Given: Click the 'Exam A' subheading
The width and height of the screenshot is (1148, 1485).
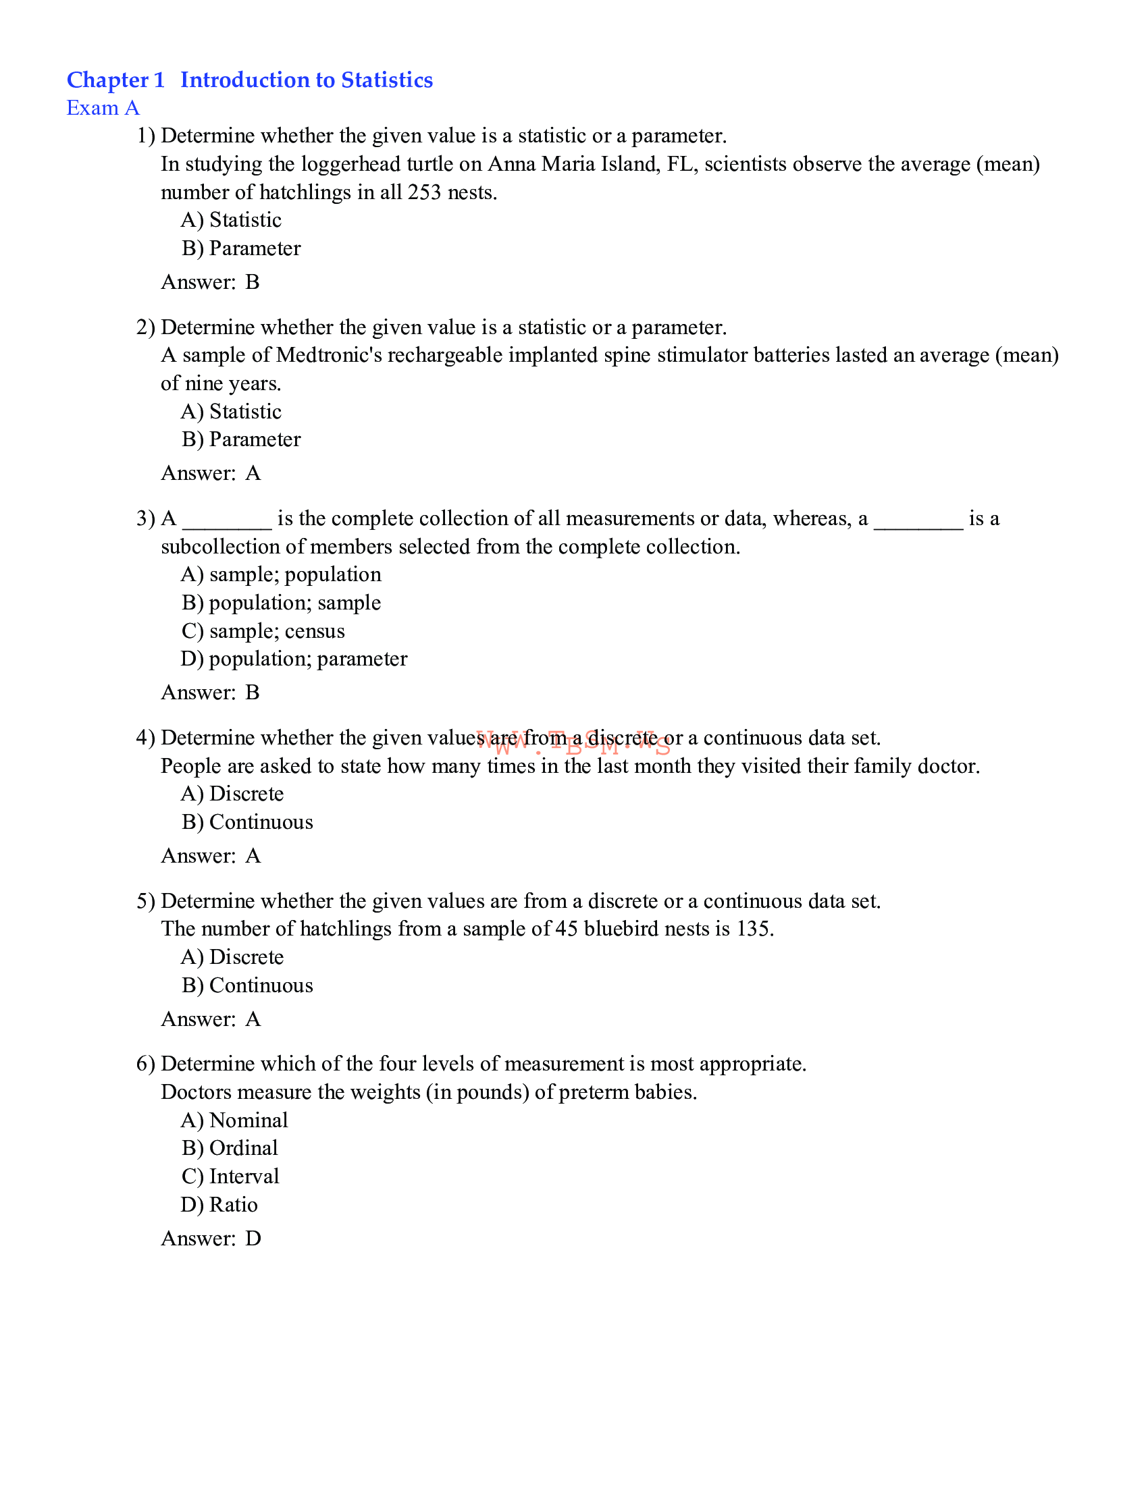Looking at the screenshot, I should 103,108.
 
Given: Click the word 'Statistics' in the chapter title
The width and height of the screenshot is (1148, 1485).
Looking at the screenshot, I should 386,80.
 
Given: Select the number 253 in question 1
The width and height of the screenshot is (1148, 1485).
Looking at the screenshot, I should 424,192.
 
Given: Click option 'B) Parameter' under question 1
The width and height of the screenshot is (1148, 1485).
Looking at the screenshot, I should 241,249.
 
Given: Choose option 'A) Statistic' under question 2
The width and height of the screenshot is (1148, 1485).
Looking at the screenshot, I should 231,411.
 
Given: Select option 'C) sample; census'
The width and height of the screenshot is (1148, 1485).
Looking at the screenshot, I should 263,631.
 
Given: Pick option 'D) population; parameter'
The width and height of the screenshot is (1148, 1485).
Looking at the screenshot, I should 294,659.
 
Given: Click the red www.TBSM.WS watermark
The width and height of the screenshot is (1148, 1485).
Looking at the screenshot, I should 573,744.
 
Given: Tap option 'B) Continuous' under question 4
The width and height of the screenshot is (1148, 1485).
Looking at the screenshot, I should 248,822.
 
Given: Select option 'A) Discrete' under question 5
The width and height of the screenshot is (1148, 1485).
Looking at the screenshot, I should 232,957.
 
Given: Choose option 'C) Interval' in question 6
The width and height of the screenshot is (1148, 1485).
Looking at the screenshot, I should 230,1177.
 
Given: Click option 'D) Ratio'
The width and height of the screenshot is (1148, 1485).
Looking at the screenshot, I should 219,1205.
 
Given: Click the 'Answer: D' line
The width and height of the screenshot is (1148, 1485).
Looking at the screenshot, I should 211,1239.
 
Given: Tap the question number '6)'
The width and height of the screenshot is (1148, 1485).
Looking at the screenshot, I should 146,1064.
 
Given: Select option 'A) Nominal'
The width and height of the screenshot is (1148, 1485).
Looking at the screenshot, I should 234,1120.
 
